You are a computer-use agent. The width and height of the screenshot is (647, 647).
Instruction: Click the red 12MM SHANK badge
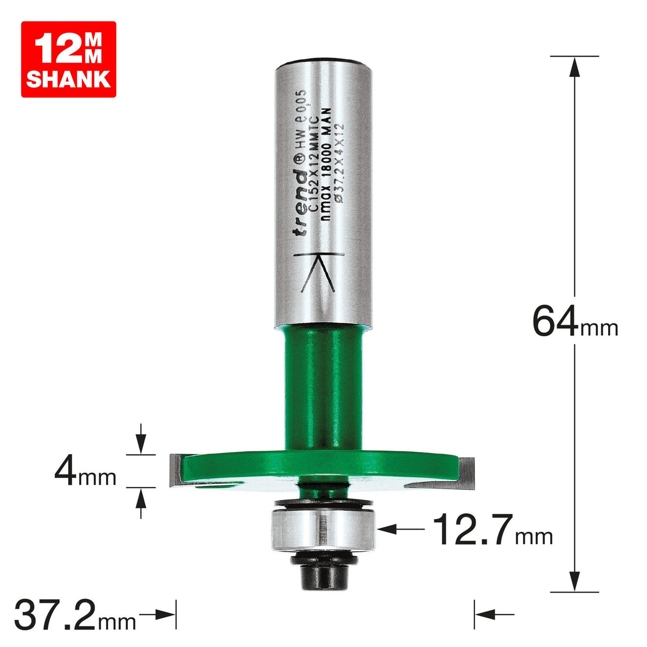coord(68,59)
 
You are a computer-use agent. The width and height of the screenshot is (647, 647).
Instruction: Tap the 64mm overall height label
coord(575,322)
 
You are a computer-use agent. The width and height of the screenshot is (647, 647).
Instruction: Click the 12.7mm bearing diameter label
coord(491,530)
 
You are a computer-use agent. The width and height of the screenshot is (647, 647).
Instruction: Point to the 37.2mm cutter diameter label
coord(75,614)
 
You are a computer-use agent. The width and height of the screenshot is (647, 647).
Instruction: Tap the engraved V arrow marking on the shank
coord(318,271)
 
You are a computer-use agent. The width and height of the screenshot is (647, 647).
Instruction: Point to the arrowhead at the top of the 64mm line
coord(574,66)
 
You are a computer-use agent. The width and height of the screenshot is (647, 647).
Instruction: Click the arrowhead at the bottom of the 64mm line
coord(574,580)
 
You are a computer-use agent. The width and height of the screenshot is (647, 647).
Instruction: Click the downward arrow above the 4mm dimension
coord(141,442)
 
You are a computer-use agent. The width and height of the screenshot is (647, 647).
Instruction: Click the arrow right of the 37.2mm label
coord(163,614)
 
